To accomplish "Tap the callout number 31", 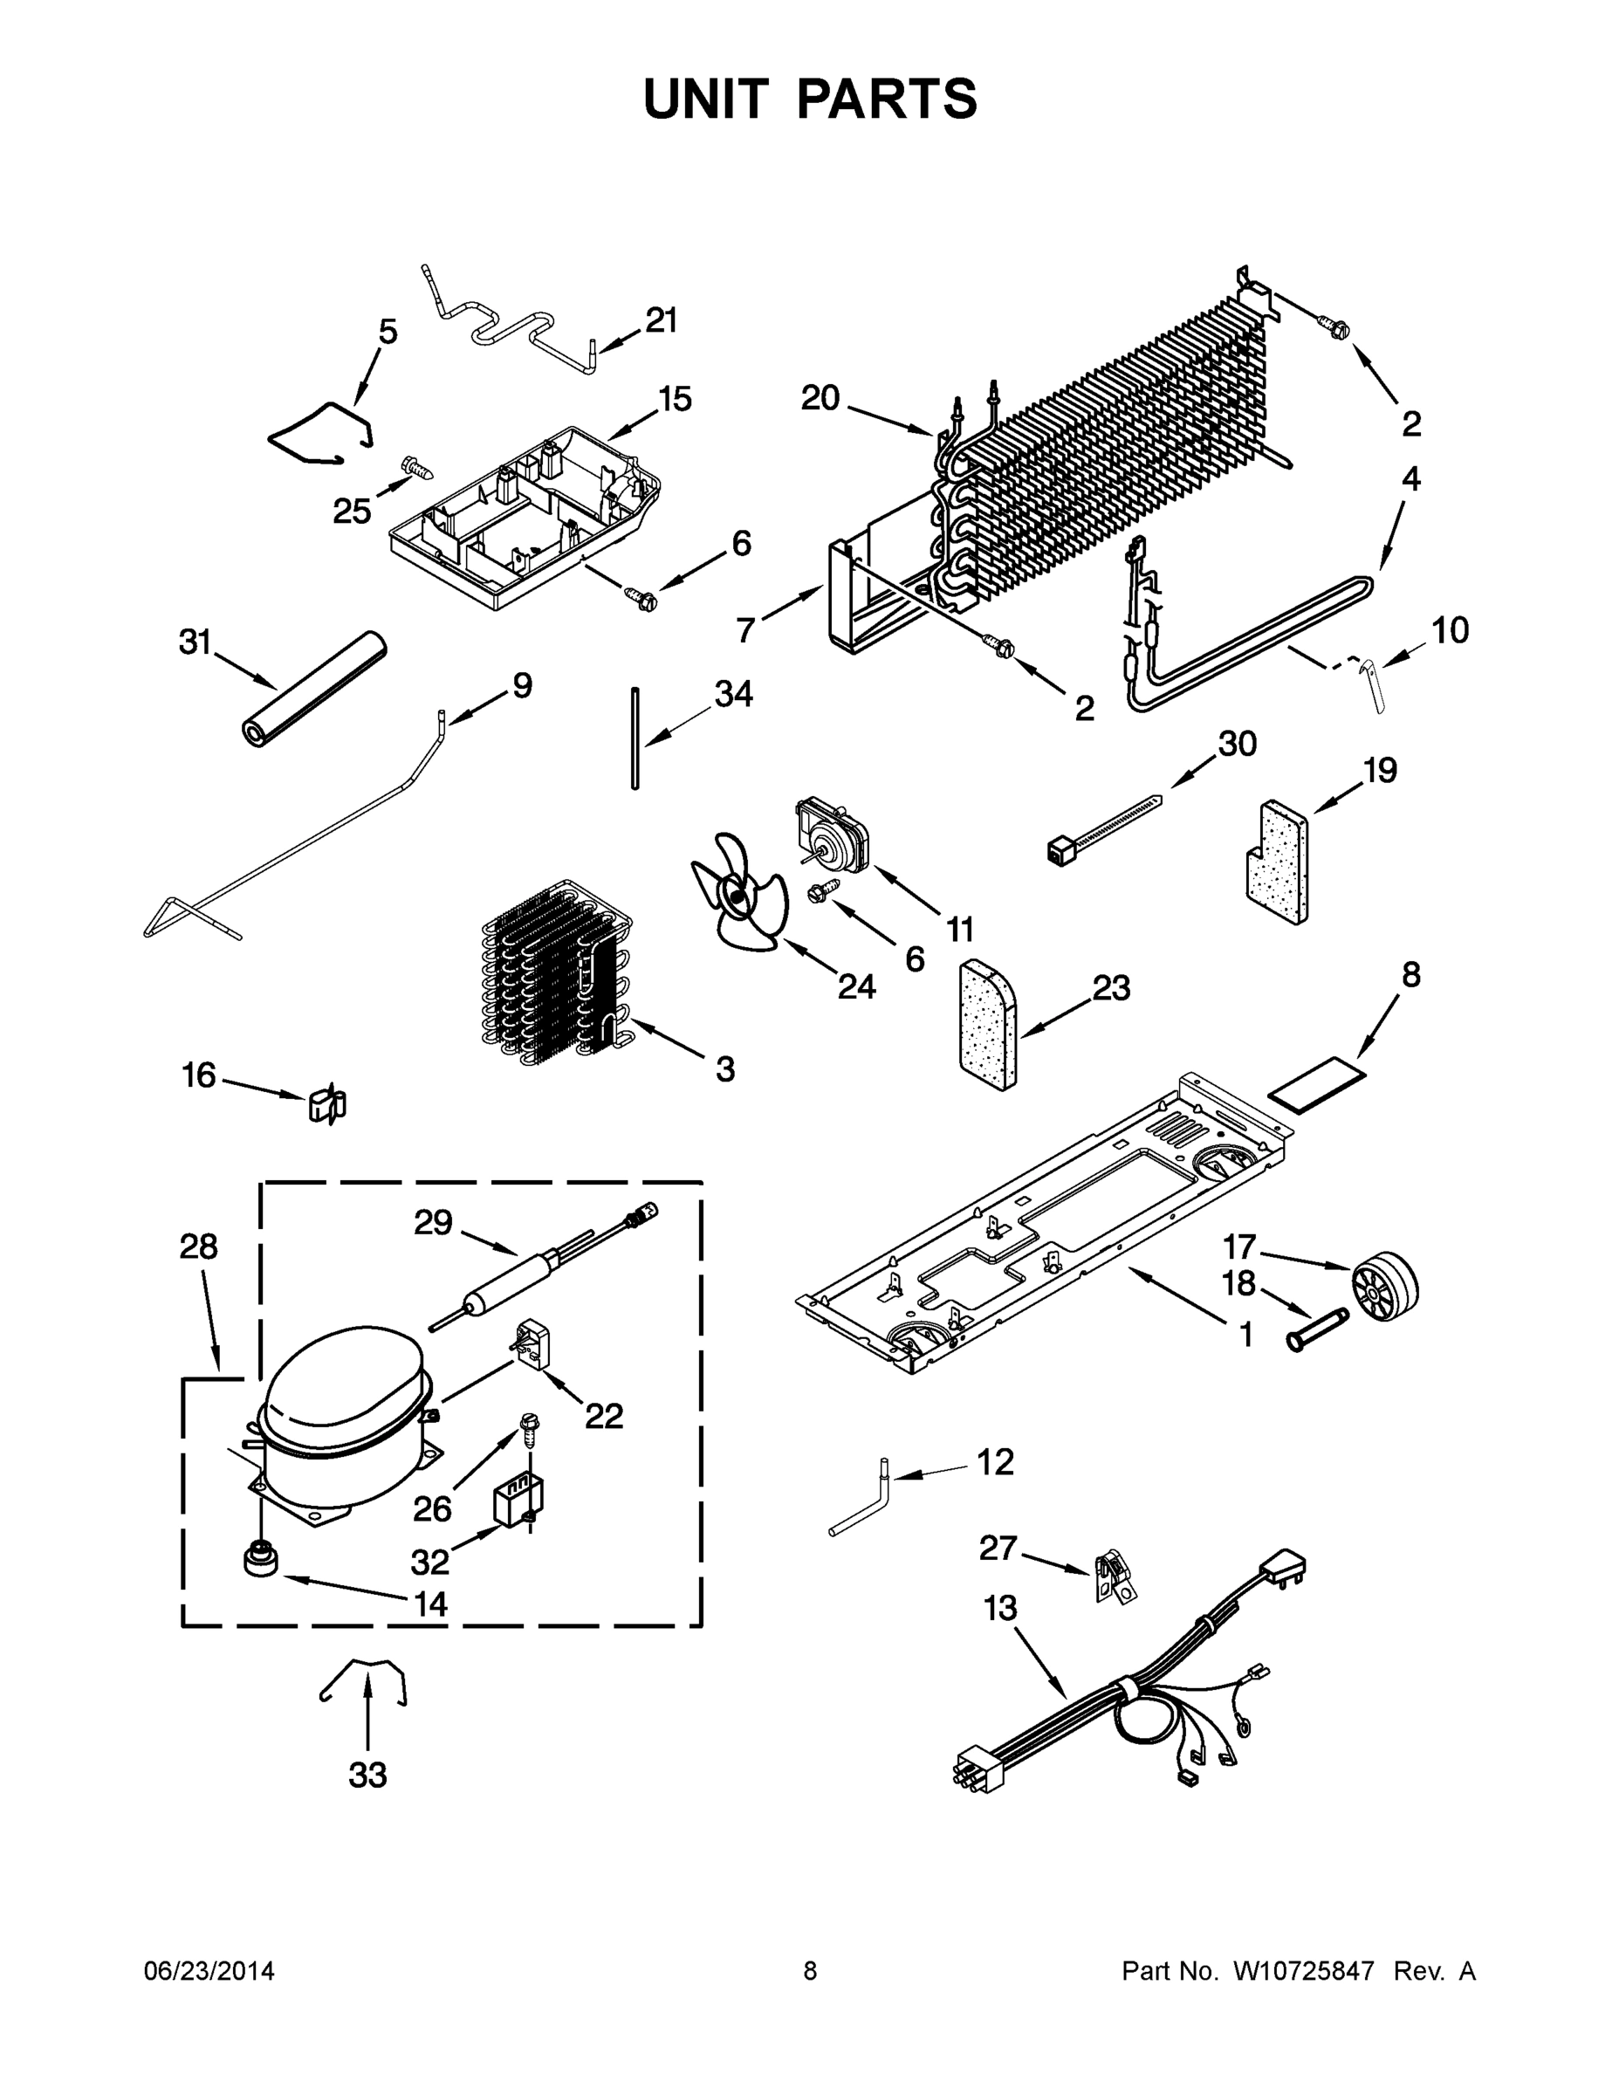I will point(196,642).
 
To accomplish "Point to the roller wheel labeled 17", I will point(1384,1286).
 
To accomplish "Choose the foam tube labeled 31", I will point(312,688).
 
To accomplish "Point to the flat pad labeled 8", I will point(1317,1082).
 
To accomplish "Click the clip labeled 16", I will point(327,1105).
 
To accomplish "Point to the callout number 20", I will point(820,397).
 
